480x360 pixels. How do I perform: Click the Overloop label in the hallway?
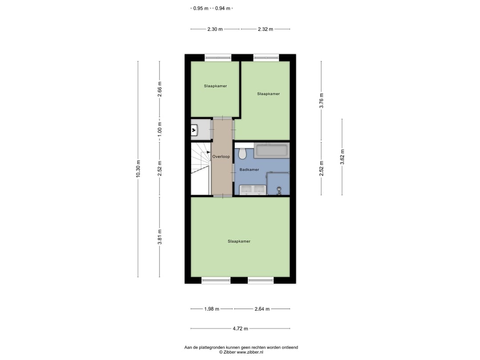[x=221, y=157]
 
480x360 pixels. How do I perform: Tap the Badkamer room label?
[x=249, y=170]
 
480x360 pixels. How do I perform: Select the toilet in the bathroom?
[x=242, y=154]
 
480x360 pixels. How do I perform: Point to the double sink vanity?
[x=252, y=190]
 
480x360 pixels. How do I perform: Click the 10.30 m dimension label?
[x=138, y=168]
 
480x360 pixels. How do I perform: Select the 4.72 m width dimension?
[x=240, y=328]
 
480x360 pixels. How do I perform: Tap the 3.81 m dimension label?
[x=160, y=236]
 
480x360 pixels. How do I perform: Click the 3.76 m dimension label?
[x=321, y=100]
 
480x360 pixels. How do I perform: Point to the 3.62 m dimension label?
[x=342, y=157]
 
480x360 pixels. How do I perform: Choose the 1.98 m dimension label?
[x=212, y=309]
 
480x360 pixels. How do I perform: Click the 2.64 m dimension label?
[x=262, y=309]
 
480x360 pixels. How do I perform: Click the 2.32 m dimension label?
[x=265, y=29]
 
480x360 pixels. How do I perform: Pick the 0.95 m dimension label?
[x=201, y=8]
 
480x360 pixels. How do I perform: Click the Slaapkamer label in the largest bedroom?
[x=239, y=241]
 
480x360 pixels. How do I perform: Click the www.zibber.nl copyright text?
[x=241, y=352]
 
